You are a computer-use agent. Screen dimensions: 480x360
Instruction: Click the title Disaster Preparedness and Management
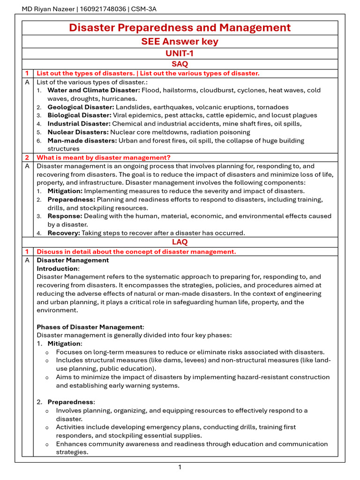(x=180, y=28)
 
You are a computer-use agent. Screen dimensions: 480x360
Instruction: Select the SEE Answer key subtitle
(x=180, y=42)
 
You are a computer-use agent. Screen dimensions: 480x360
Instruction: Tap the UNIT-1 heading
(x=180, y=53)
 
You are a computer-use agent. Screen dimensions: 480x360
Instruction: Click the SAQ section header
(x=180, y=64)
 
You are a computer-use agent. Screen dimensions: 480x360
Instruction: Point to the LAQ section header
(x=180, y=242)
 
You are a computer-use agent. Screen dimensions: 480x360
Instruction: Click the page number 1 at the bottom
(x=180, y=467)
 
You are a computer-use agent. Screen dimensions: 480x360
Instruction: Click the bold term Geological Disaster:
(x=81, y=107)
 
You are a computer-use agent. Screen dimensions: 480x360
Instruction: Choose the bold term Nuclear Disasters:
(x=78, y=132)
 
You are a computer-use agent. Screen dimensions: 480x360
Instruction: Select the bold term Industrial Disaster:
(x=79, y=124)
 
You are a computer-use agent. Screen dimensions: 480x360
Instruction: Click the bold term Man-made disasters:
(x=82, y=141)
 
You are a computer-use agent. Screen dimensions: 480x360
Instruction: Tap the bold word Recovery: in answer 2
(x=64, y=233)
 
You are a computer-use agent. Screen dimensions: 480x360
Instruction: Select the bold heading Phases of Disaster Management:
(x=90, y=327)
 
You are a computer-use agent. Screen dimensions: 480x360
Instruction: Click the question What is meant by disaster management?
(x=104, y=157)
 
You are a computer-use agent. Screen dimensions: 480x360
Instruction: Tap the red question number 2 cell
(x=27, y=157)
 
